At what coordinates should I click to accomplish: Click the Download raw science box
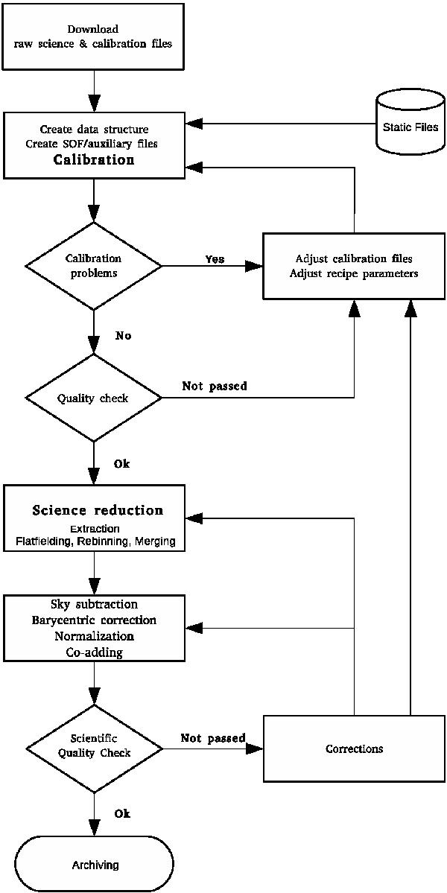click(x=93, y=36)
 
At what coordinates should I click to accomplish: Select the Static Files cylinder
click(x=410, y=127)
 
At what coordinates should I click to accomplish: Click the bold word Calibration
click(x=94, y=160)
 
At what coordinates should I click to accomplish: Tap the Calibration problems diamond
click(x=94, y=266)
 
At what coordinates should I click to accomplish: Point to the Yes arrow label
click(x=215, y=259)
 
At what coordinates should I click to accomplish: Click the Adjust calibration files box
click(x=354, y=266)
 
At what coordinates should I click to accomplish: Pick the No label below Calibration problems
click(x=124, y=336)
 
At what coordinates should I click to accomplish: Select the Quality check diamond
click(x=94, y=398)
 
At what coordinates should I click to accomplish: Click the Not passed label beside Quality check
click(x=215, y=387)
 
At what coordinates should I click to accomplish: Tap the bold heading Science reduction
click(x=98, y=511)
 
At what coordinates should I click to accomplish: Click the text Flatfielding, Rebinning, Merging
click(x=95, y=541)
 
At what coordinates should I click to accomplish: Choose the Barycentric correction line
click(x=94, y=620)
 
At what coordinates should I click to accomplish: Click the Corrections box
click(x=354, y=749)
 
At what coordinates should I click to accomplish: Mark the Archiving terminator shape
click(x=95, y=865)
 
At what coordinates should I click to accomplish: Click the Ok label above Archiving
click(x=122, y=814)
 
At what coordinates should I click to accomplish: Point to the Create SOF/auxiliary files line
click(x=94, y=143)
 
